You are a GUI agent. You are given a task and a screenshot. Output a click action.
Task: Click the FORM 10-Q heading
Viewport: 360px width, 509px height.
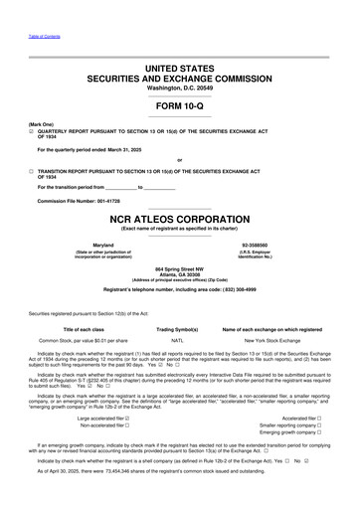click(x=180, y=106)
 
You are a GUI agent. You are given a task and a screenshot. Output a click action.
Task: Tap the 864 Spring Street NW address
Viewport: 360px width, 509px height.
click(x=180, y=268)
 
